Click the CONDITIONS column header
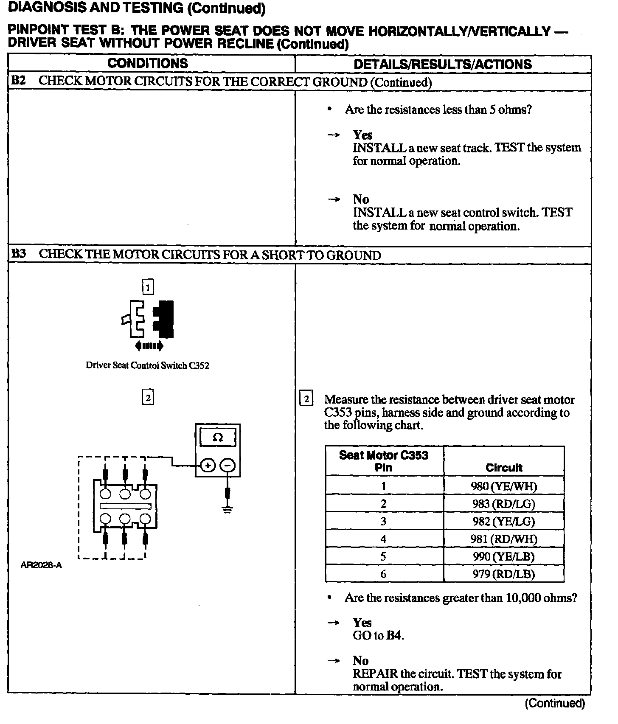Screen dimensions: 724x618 [x=147, y=64]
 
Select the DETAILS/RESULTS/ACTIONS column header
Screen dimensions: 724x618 [x=442, y=65]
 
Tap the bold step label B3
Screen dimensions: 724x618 [x=18, y=254]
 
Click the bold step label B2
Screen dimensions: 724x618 [x=18, y=81]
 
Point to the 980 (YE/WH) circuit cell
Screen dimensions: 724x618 [x=504, y=486]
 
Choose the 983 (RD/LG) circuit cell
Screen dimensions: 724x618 [x=504, y=504]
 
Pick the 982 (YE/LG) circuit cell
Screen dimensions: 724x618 [x=504, y=522]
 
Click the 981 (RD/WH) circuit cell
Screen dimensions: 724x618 [x=504, y=539]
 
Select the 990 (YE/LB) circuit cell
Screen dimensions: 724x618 [x=504, y=556]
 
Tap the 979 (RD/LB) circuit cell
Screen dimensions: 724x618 [x=504, y=574]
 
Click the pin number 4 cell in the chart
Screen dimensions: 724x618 [x=384, y=539]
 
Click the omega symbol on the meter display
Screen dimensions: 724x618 [x=217, y=438]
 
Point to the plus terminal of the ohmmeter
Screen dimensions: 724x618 [x=208, y=466]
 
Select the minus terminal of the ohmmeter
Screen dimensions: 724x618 [x=228, y=466]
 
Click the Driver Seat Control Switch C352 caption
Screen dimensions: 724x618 [x=147, y=365]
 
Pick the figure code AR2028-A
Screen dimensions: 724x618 [x=41, y=565]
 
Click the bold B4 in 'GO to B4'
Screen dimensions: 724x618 [x=394, y=636]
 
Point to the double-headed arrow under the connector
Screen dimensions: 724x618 [x=149, y=346]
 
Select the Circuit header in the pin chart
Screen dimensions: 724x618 [x=504, y=468]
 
